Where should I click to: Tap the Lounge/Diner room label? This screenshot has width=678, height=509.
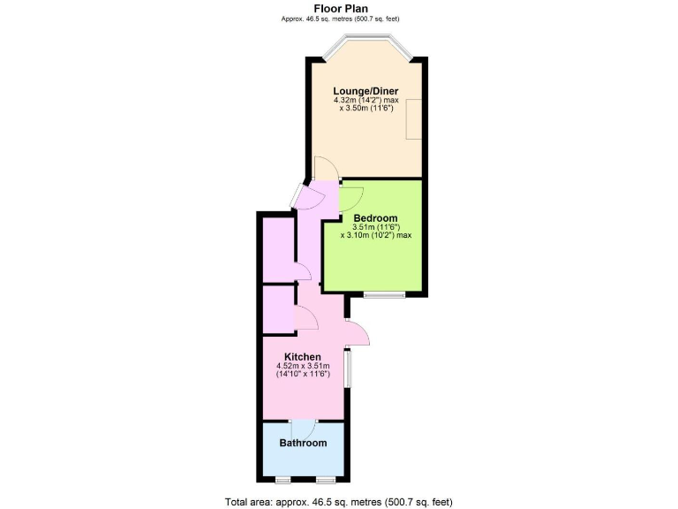[365, 91]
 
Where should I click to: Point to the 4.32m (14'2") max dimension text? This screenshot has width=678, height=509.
[365, 101]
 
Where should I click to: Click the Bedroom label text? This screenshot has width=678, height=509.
[375, 218]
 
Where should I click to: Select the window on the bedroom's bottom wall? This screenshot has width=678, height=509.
[384, 293]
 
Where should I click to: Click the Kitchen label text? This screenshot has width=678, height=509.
[302, 357]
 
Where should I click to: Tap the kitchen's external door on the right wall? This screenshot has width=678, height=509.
[358, 333]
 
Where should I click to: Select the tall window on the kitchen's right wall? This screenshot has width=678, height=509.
[347, 368]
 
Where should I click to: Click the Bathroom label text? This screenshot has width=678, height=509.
[303, 443]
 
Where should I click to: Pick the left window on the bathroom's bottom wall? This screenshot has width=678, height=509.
[282, 480]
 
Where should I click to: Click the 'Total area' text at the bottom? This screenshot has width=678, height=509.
[338, 501]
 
